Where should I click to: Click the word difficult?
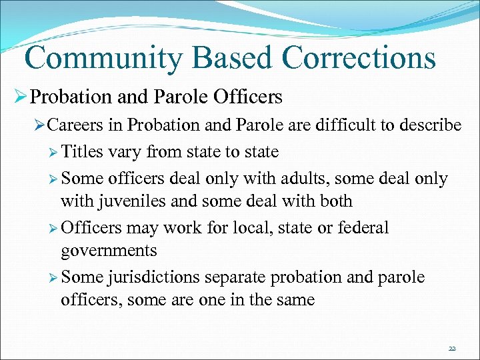click(345, 125)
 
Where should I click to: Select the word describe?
click(425, 125)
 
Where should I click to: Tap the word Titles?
click(82, 152)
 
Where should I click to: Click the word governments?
click(109, 251)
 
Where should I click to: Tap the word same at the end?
click(293, 300)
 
